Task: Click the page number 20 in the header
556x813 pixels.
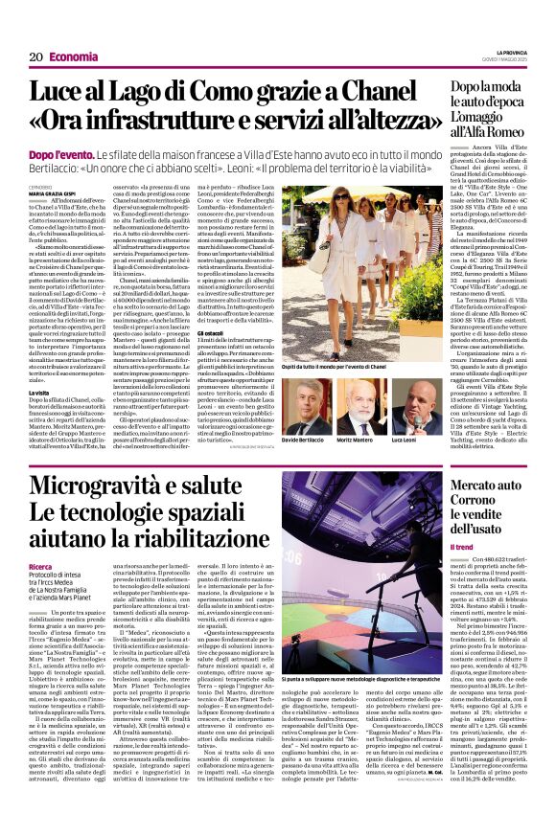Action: coord(36,56)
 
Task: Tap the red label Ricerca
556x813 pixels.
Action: coord(41,565)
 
